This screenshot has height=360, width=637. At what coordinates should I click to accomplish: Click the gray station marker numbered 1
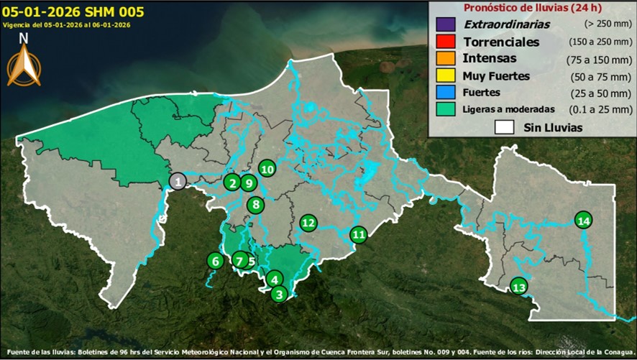tap(177, 181)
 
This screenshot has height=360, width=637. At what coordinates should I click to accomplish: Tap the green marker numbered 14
tap(584, 220)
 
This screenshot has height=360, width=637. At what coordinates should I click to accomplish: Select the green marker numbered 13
tap(519, 287)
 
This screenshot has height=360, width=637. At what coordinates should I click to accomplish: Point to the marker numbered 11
tap(358, 234)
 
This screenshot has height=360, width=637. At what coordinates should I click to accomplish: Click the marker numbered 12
tap(308, 223)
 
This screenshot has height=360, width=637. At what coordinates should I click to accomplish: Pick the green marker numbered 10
tap(267, 169)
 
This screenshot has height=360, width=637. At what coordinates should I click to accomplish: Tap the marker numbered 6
tap(214, 261)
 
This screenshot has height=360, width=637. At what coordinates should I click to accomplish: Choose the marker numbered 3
tap(280, 293)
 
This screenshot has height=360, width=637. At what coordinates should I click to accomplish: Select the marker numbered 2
tap(232, 183)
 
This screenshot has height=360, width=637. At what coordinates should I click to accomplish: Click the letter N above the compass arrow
tap(24, 38)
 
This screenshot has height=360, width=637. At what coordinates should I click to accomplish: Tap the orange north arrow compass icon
tap(24, 66)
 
